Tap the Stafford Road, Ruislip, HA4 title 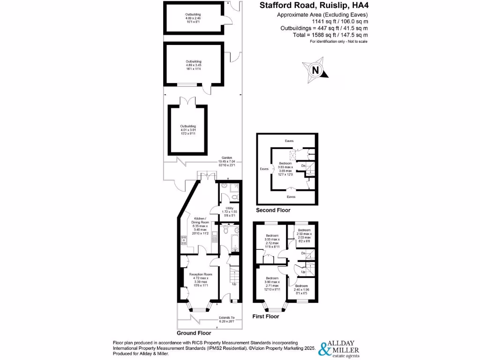[313, 6]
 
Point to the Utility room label [230, 210]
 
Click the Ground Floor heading [194, 333]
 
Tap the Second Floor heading [273, 210]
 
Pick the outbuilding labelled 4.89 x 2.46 [193, 18]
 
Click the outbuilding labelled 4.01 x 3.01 [188, 129]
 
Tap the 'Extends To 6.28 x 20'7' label [226, 319]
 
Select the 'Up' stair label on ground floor [234, 284]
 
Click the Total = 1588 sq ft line [337, 35]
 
